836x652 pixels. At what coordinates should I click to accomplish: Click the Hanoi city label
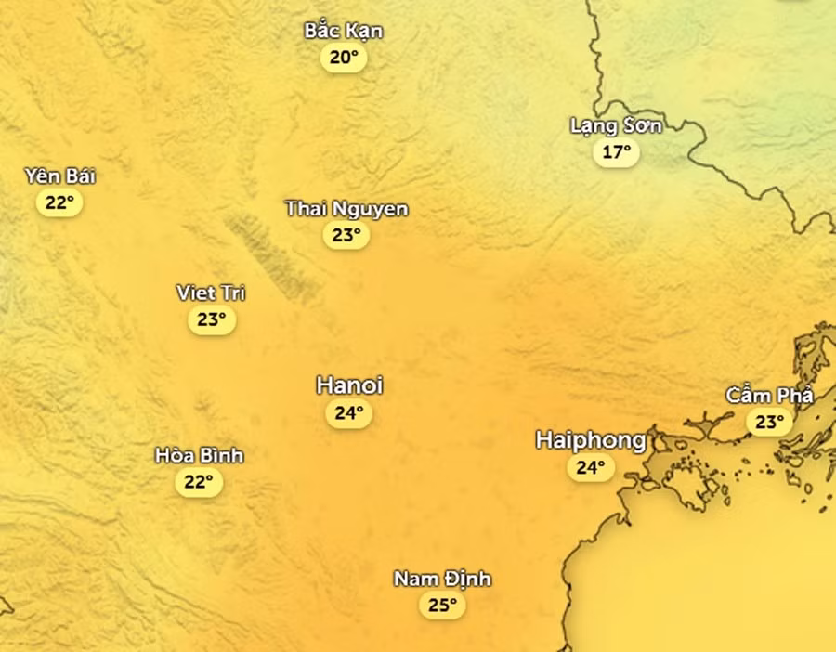pyautogui.click(x=349, y=385)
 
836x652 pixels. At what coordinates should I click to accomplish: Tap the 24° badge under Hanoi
pyautogui.click(x=348, y=413)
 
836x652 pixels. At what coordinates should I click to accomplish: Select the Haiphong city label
pyautogui.click(x=591, y=439)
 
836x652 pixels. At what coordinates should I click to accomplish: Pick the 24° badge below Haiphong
pyautogui.click(x=591, y=467)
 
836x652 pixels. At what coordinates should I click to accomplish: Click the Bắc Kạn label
pyautogui.click(x=344, y=31)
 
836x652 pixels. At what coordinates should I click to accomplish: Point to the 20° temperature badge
pyautogui.click(x=344, y=58)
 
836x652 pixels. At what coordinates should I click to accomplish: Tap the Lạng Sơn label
pyautogui.click(x=617, y=125)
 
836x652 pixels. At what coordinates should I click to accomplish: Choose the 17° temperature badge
pyautogui.click(x=617, y=151)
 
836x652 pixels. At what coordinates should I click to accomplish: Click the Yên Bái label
pyautogui.click(x=60, y=176)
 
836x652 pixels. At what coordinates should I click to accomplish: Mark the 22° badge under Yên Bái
pyautogui.click(x=59, y=202)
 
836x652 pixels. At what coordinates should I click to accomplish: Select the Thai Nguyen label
pyautogui.click(x=346, y=209)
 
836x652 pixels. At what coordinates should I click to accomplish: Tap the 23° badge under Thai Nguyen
pyautogui.click(x=346, y=235)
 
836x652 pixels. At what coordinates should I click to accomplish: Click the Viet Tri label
pyautogui.click(x=211, y=293)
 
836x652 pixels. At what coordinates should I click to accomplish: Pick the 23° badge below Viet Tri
pyautogui.click(x=211, y=319)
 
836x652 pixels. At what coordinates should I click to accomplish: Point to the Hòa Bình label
pyautogui.click(x=199, y=455)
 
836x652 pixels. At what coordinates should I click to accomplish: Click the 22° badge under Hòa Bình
pyautogui.click(x=199, y=481)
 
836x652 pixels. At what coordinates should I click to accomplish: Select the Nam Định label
pyautogui.click(x=442, y=580)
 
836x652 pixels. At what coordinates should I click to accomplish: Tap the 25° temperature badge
pyautogui.click(x=442, y=606)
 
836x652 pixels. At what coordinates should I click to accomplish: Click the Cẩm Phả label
pyautogui.click(x=769, y=396)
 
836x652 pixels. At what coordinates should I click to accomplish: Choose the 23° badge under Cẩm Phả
pyautogui.click(x=769, y=423)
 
